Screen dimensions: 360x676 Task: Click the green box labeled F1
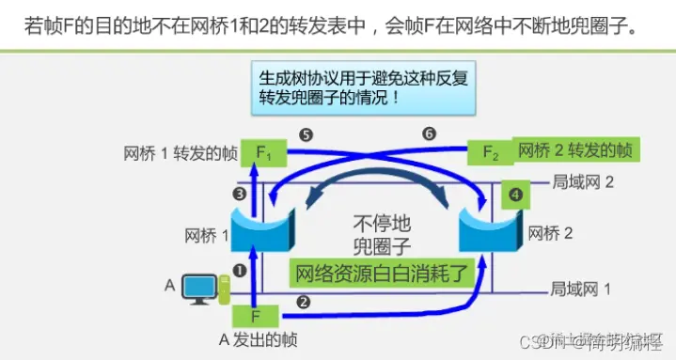[263, 151]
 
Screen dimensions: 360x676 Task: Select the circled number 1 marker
[239, 271]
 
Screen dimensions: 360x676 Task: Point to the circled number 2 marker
[303, 302]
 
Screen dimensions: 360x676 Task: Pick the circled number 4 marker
[513, 196]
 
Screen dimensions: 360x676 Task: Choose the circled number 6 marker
[430, 134]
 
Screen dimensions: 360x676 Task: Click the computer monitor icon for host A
[199, 287]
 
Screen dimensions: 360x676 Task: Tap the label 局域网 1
[580, 290]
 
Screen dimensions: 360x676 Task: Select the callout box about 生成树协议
[368, 86]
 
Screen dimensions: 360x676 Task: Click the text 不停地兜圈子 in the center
[381, 234]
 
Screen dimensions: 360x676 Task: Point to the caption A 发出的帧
[253, 340]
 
